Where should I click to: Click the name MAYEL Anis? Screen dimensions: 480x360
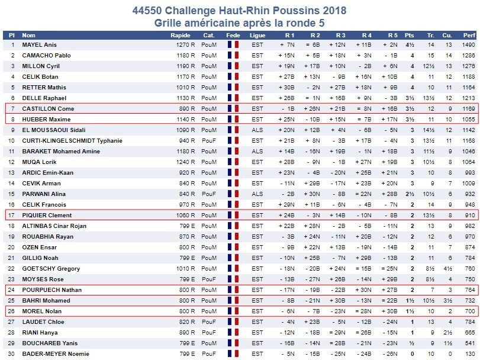tap(39, 44)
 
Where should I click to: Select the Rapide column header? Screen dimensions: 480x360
tap(181, 35)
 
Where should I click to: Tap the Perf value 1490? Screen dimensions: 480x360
tap(468, 44)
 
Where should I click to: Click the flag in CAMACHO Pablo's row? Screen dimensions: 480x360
tap(233, 56)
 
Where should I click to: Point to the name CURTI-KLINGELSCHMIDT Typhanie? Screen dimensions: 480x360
tap(72, 141)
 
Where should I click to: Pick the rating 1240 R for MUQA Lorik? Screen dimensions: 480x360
tap(185, 162)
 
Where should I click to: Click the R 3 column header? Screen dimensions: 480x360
tap(340, 35)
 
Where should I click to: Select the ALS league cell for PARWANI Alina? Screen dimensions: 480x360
tap(257, 194)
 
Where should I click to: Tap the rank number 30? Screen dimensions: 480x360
tap(11, 354)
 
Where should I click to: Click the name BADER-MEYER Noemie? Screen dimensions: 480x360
tap(56, 354)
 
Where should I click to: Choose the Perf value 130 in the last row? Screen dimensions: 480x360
tap(470, 354)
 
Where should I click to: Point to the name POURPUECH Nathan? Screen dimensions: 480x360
tap(51, 290)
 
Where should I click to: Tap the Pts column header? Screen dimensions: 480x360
tap(410, 35)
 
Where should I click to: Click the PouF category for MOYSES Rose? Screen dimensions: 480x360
tap(209, 279)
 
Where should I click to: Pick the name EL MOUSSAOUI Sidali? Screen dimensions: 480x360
tap(54, 130)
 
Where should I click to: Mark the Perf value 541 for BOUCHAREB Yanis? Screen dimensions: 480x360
tap(470, 343)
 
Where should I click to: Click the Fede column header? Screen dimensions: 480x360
tap(233, 35)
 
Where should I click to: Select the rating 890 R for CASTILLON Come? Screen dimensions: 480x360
tap(187, 109)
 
